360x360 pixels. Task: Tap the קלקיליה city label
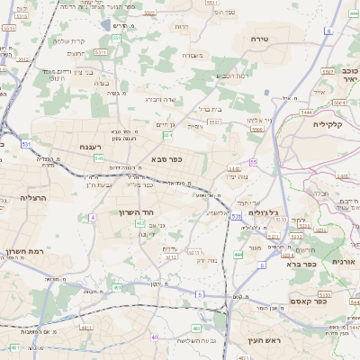click(x=328, y=124)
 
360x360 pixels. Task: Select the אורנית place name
click(x=344, y=261)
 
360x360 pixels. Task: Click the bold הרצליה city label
click(x=38, y=197)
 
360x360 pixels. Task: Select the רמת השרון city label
click(x=24, y=252)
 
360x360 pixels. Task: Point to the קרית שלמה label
click(x=67, y=40)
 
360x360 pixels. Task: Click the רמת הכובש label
click(x=231, y=76)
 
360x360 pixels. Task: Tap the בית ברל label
click(x=208, y=109)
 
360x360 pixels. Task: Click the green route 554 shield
click(x=167, y=134)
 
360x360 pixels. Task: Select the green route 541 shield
click(x=98, y=157)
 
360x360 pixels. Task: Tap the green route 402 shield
click(x=140, y=222)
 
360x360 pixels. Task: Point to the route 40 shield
click(x=155, y=337)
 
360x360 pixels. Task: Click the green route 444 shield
click(x=238, y=255)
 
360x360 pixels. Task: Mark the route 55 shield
click(x=254, y=162)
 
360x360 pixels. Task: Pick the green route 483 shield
click(x=14, y=346)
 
